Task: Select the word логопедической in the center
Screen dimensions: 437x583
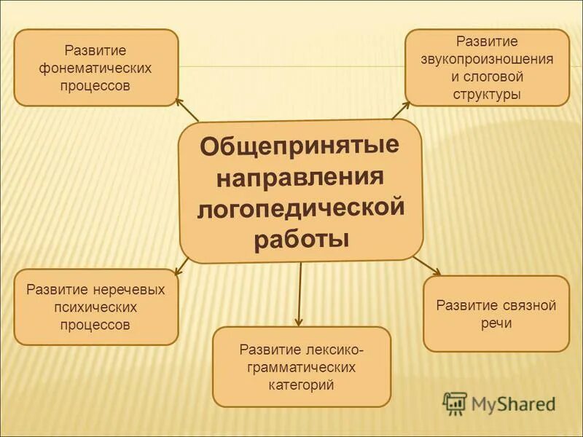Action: point(300,209)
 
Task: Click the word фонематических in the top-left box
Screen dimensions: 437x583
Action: point(95,68)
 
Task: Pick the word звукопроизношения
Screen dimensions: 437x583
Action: point(487,59)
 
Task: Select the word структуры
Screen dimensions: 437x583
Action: point(486,94)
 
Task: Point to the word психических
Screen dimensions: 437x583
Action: point(95,307)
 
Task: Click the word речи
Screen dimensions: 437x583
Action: point(496,323)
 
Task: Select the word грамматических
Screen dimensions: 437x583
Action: point(302,367)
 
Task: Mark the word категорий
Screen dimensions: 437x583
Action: point(302,385)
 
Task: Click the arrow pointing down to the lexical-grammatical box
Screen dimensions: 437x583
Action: point(299,295)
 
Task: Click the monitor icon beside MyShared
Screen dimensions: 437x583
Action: point(455,403)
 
